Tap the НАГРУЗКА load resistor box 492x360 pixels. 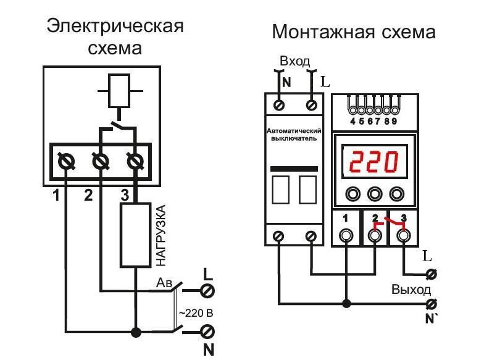pos(135,235)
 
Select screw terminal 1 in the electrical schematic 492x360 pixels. pos(66,162)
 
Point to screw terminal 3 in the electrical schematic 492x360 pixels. pos(135,162)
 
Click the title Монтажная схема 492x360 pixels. pos(354,31)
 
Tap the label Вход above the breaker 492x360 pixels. pos(294,62)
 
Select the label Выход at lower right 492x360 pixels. pos(411,290)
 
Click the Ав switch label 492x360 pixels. pos(163,282)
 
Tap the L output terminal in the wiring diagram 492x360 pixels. pos(432,274)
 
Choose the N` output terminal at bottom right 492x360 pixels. pos(432,304)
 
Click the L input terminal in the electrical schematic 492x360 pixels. pos(208,288)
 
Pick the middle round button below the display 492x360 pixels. pos(374,194)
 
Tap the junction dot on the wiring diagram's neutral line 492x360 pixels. pos(346,304)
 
